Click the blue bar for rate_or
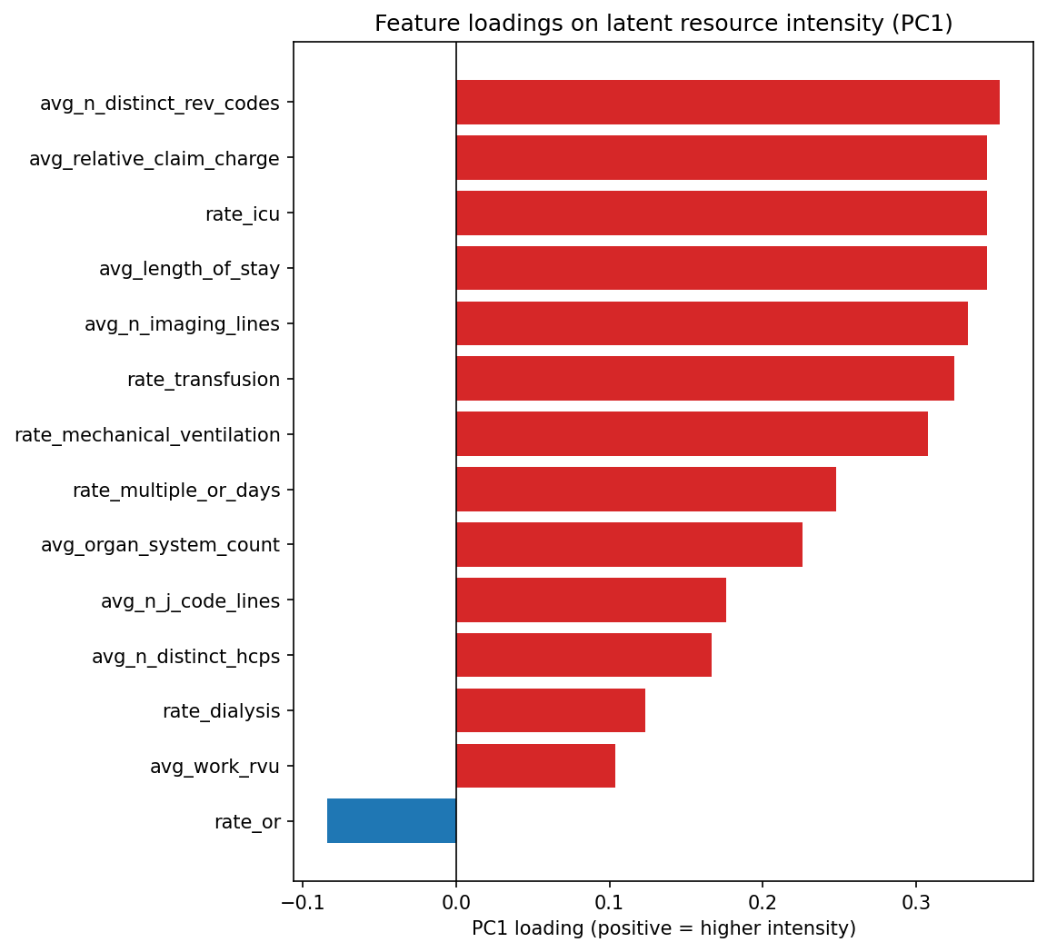point(392,821)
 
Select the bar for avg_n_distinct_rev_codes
point(727,103)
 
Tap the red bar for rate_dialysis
point(551,710)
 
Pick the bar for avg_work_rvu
point(535,766)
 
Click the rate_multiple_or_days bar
point(646,490)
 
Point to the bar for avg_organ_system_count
point(629,545)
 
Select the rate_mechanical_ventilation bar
point(692,434)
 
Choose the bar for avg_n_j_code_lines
point(591,600)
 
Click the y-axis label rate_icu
point(243,214)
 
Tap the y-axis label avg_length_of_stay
point(189,269)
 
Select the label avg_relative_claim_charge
point(155,159)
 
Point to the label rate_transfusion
point(204,380)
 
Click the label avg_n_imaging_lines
point(182,324)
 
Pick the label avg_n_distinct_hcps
point(185,656)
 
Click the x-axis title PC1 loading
point(663,928)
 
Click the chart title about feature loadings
point(663,24)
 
